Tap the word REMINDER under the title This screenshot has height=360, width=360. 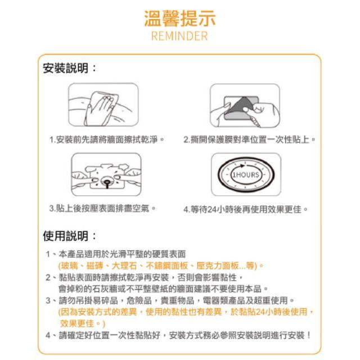click(180, 36)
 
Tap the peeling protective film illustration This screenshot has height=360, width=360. click(244, 106)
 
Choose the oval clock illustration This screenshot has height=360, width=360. click(245, 174)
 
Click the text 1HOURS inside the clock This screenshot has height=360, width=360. click(246, 175)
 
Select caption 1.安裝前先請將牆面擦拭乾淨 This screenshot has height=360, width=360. click(106, 139)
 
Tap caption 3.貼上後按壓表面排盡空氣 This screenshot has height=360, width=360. click(101, 209)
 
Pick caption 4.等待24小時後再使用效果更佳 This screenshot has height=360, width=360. click(246, 209)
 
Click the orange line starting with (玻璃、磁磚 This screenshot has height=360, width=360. click(160, 265)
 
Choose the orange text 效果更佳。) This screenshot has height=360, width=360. click(83, 324)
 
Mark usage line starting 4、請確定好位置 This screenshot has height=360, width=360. click(178, 335)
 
